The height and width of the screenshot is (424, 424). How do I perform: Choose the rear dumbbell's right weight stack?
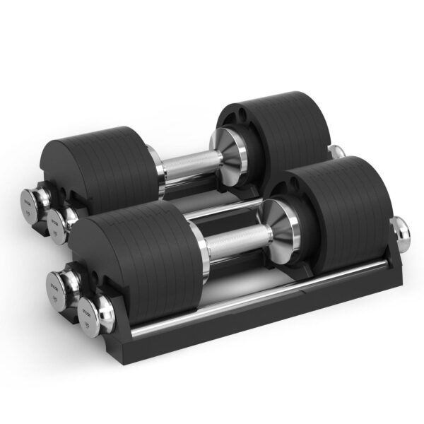[272, 131]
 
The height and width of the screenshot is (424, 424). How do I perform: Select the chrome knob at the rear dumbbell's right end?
[338, 151]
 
